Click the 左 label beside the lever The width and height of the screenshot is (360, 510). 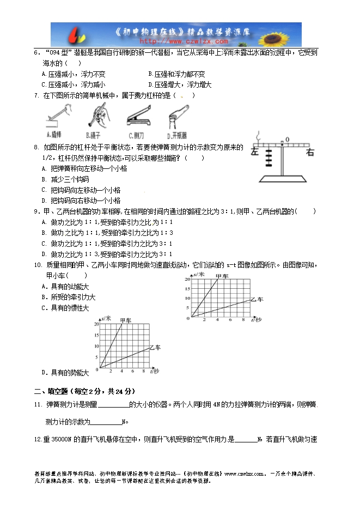point(255,153)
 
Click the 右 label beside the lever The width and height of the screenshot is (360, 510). point(310,153)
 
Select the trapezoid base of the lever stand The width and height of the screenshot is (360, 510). point(283,179)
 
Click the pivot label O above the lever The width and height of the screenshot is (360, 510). point(287,139)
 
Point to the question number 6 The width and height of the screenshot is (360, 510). point(35,53)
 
